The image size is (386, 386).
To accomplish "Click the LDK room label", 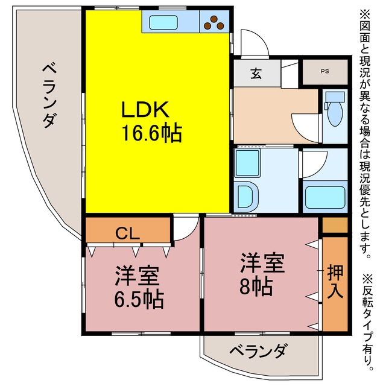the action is (145, 110).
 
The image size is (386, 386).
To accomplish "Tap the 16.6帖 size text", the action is (152, 133).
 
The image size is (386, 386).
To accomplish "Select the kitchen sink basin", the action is (163, 22).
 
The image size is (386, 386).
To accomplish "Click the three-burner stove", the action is (214, 22).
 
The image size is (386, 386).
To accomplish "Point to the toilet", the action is (334, 109).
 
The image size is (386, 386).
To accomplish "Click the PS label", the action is (324, 71).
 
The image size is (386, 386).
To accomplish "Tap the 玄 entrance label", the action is (256, 74).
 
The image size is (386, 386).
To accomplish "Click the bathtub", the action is (325, 197).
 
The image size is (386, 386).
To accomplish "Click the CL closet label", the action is (127, 233).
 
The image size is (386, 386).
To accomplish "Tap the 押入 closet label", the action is (335, 282).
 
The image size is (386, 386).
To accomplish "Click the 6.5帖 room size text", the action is (139, 300).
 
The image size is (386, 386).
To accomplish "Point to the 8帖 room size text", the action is (256, 286).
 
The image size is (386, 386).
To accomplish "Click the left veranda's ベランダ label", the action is (50, 95).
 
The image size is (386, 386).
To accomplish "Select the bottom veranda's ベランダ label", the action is (258, 351).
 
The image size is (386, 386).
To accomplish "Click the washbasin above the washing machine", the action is (247, 163).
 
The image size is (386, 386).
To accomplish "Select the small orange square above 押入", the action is (335, 225).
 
